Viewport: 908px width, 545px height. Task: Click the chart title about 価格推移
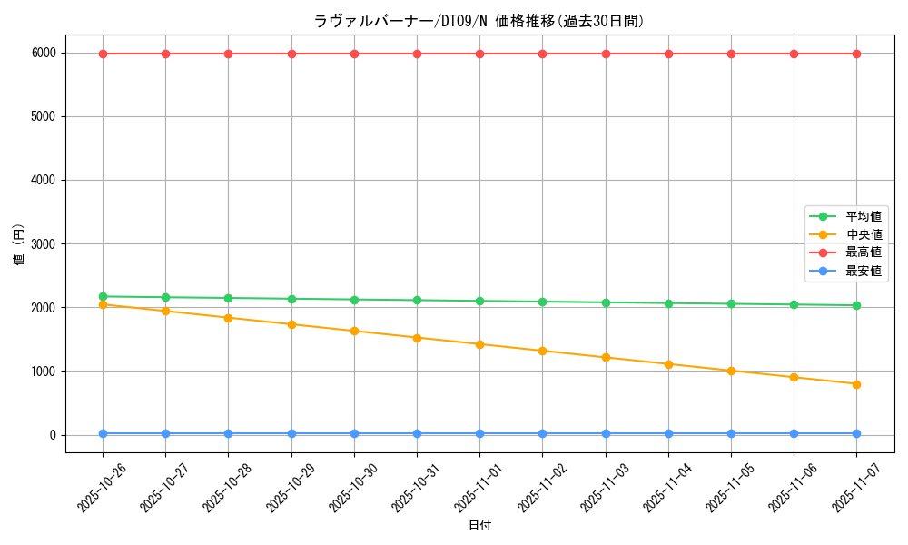(479, 21)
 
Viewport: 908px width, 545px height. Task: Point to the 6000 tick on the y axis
(44, 54)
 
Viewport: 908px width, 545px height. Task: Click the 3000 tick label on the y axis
(44, 244)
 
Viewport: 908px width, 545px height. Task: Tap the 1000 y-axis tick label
(44, 372)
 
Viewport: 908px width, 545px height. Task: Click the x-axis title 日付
(479, 525)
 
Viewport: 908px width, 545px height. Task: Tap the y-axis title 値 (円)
(19, 244)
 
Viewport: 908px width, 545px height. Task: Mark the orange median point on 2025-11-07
(856, 384)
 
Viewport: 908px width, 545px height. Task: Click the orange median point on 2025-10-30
(354, 331)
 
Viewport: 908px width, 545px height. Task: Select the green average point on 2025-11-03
(606, 302)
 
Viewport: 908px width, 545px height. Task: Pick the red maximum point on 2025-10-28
(228, 54)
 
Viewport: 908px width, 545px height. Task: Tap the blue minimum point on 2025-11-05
(731, 433)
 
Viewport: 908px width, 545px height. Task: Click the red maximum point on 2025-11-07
(856, 54)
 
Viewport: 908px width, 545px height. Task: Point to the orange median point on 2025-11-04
(668, 364)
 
